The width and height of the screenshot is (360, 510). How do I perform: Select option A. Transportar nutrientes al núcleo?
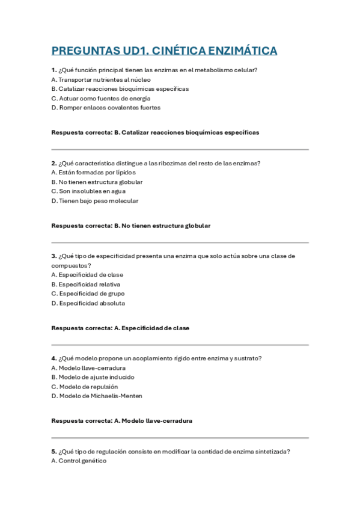point(101,79)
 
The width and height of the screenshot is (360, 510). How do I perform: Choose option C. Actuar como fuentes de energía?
point(100,98)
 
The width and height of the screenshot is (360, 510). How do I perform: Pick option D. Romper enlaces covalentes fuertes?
point(106,108)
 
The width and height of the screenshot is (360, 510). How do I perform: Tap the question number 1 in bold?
point(53,70)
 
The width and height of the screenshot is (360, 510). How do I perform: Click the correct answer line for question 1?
point(156,132)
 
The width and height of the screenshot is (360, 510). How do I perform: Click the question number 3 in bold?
point(53,256)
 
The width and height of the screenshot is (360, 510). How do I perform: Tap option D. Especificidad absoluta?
point(88,303)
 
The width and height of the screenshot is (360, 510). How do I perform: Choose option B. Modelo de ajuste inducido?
point(93,377)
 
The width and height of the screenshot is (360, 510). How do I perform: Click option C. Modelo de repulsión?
point(85,387)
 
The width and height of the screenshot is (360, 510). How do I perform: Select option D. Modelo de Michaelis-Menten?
point(97,396)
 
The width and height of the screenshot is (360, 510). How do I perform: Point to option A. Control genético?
point(79,461)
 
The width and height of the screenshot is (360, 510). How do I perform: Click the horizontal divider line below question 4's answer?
point(180,438)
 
